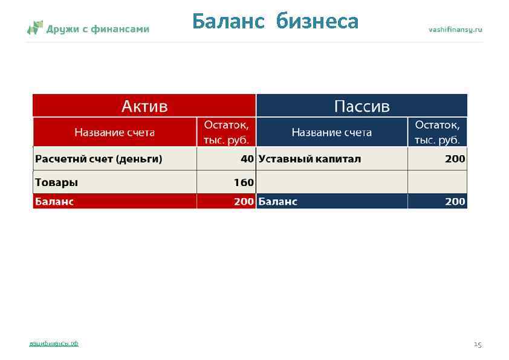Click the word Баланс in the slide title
click(x=229, y=22)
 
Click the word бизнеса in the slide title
click(x=317, y=22)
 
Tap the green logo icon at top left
click(x=35, y=28)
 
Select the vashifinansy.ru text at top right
click(x=455, y=29)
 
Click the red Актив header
click(x=144, y=106)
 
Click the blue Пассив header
click(x=362, y=106)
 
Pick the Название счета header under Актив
click(x=115, y=132)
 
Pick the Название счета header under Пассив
click(x=332, y=132)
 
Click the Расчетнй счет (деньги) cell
click(x=99, y=159)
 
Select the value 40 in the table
click(x=247, y=159)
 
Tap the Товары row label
click(x=57, y=182)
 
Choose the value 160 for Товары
click(x=244, y=182)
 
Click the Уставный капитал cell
click(x=310, y=159)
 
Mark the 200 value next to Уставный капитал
click(x=455, y=159)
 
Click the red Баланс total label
click(x=54, y=202)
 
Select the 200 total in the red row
click(x=244, y=202)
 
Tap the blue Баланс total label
click(x=277, y=202)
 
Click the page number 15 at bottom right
click(x=478, y=344)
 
